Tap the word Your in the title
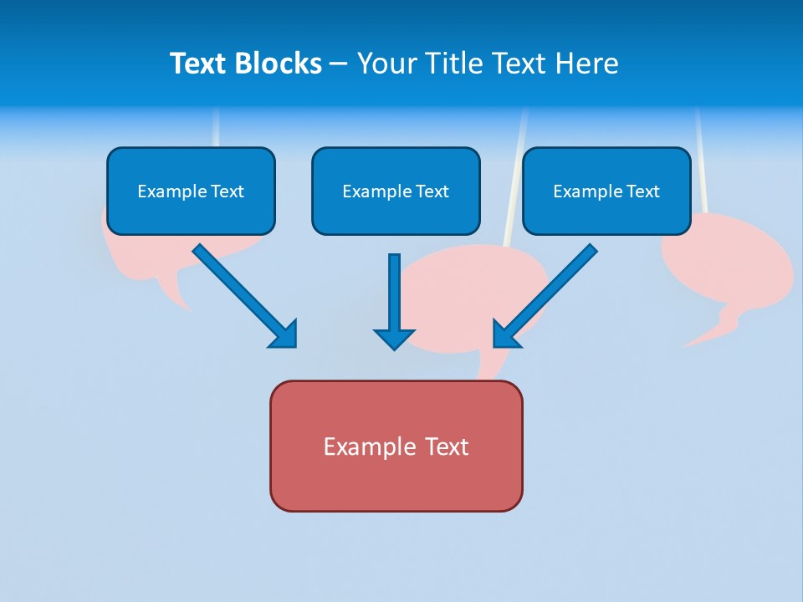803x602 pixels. point(386,64)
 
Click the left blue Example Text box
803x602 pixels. point(191,191)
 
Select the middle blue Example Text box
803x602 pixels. point(396,191)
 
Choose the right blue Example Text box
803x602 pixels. point(606,191)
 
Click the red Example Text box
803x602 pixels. point(396,446)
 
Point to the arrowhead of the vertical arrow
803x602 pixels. point(394,338)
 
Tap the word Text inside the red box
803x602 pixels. point(447,446)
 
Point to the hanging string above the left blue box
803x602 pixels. point(216,127)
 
